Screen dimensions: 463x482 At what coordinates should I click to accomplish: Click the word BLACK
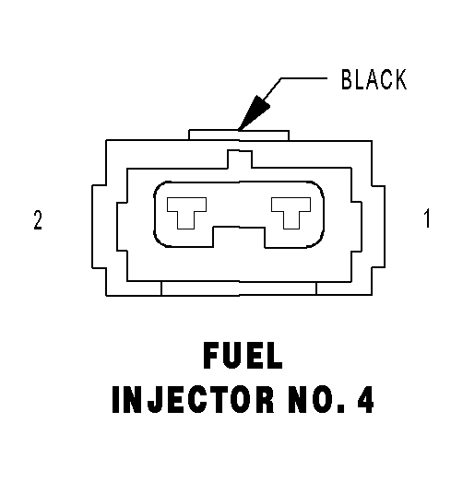374,79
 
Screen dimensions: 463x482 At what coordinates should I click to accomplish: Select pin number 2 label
38,219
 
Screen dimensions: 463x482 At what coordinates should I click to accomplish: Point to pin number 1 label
427,218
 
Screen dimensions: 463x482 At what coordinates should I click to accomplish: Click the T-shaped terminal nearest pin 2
186,213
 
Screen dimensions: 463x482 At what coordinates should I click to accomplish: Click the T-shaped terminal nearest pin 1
291,213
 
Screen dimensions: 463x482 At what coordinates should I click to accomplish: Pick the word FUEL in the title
243,356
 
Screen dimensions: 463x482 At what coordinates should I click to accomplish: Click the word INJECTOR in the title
193,399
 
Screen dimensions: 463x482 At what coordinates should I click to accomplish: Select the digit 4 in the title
366,399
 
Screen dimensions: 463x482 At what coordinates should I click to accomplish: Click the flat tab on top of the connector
239,135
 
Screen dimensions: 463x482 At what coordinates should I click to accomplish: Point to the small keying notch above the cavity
240,159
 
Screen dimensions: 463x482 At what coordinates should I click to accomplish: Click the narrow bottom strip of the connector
239,288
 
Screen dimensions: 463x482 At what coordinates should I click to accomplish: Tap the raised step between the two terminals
239,237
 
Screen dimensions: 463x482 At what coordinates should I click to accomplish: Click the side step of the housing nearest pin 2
99,226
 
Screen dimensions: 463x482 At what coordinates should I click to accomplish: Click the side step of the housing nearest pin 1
378,226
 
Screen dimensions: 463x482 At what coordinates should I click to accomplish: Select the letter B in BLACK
347,79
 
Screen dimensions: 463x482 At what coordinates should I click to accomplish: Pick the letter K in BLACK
400,79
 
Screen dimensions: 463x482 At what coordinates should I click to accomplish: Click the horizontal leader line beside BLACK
303,78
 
